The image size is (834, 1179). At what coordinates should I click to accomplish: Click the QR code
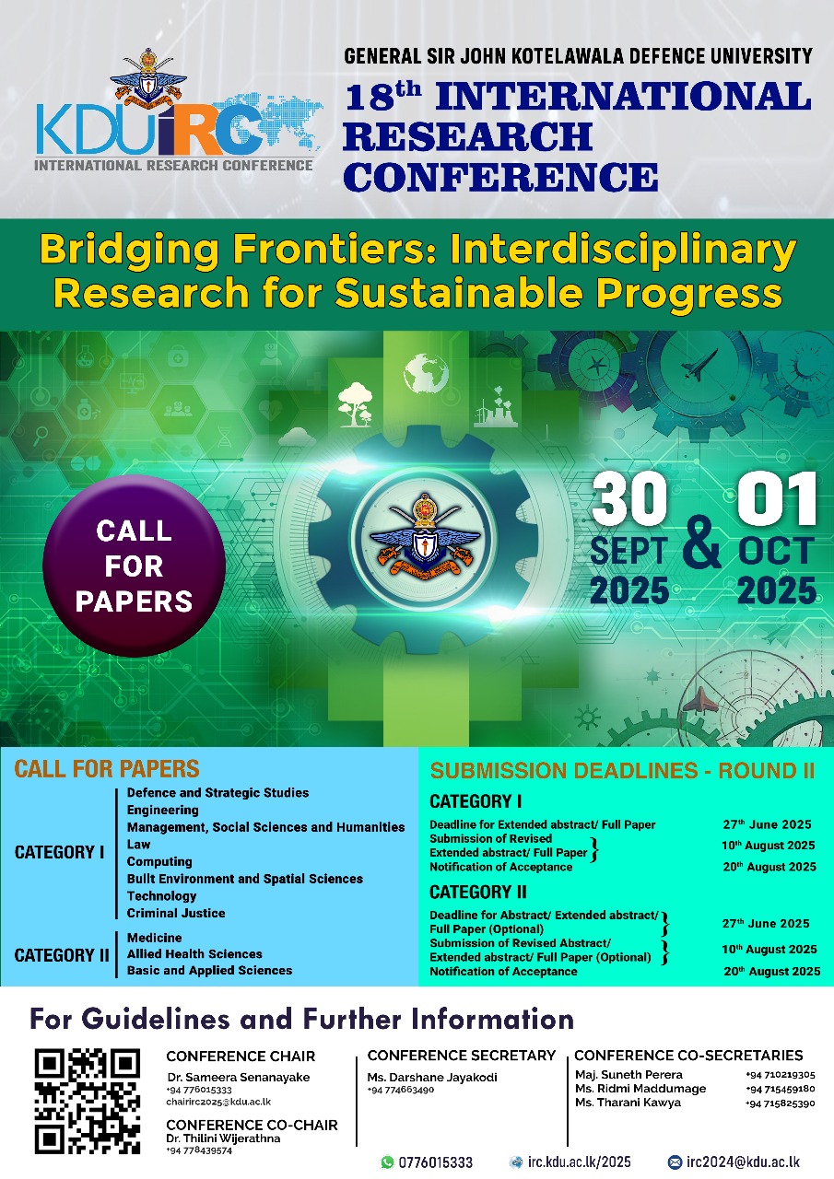click(x=87, y=1101)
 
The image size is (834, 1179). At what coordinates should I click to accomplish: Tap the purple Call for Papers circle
click(x=134, y=566)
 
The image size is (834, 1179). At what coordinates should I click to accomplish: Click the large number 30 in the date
click(x=629, y=500)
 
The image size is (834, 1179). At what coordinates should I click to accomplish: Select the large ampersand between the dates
click(x=703, y=545)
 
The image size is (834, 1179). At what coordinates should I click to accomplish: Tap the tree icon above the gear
click(x=355, y=400)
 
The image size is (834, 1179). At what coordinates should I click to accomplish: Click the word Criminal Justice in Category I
click(x=175, y=913)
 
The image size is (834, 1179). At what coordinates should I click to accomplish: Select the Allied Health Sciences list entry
click(x=194, y=953)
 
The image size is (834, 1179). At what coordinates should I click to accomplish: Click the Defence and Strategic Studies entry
click(x=217, y=792)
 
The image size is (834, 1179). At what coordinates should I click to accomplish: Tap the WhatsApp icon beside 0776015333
click(x=387, y=1162)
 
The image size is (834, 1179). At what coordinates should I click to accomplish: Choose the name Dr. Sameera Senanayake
click(x=238, y=1077)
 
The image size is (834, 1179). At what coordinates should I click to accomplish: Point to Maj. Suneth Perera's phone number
click(x=780, y=1074)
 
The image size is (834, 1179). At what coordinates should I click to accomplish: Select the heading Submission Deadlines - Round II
click(x=616, y=771)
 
